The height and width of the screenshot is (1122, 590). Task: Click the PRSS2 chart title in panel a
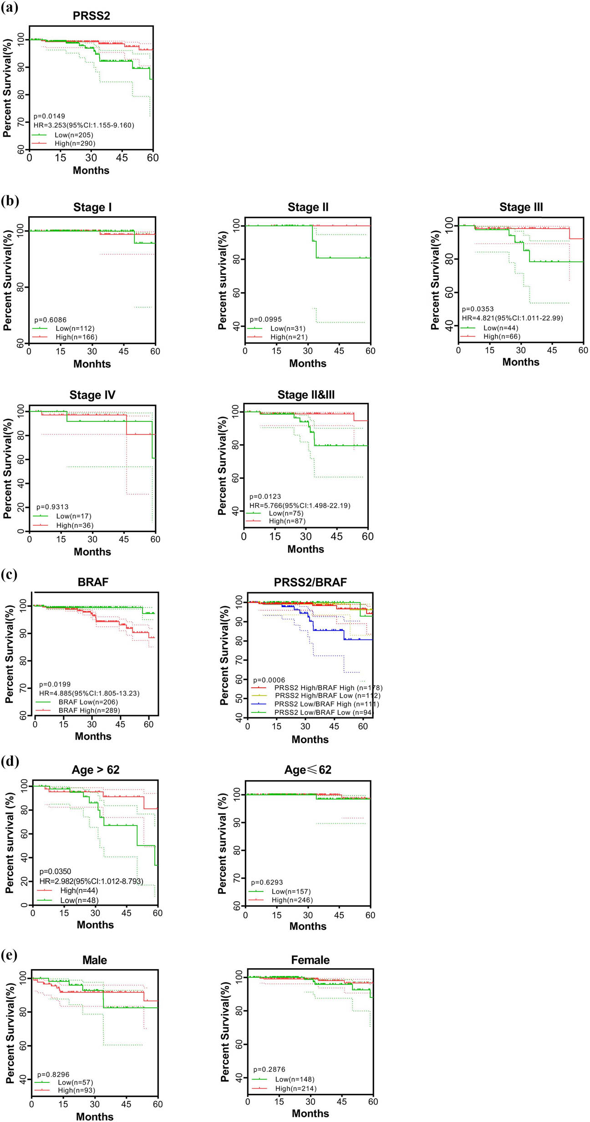point(91,16)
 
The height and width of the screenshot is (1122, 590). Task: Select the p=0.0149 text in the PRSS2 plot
point(49,116)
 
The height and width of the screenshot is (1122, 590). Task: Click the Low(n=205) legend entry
point(74,135)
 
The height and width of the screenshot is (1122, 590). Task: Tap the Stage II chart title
point(308,207)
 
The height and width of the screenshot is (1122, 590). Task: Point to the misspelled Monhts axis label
point(92,364)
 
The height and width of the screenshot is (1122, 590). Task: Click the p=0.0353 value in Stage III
point(478,309)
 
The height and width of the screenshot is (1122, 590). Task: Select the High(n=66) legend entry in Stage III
point(501,336)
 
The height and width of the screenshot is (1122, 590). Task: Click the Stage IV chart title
point(92,395)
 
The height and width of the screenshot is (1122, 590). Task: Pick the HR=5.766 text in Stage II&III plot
point(300,505)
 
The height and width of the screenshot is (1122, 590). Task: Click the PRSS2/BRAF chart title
point(310,582)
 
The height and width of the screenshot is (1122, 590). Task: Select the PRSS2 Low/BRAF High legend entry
point(326,704)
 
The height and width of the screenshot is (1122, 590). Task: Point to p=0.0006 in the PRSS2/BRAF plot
point(269,680)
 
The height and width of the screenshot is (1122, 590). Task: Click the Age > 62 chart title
point(95,770)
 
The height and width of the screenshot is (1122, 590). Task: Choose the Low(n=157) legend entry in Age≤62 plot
point(291,891)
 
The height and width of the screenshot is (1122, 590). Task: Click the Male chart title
point(94,960)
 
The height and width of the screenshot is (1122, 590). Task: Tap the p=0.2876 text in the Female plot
point(269,1069)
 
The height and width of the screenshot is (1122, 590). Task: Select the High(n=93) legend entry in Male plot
point(76,1090)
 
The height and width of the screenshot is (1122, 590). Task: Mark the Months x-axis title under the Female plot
point(310,1113)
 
